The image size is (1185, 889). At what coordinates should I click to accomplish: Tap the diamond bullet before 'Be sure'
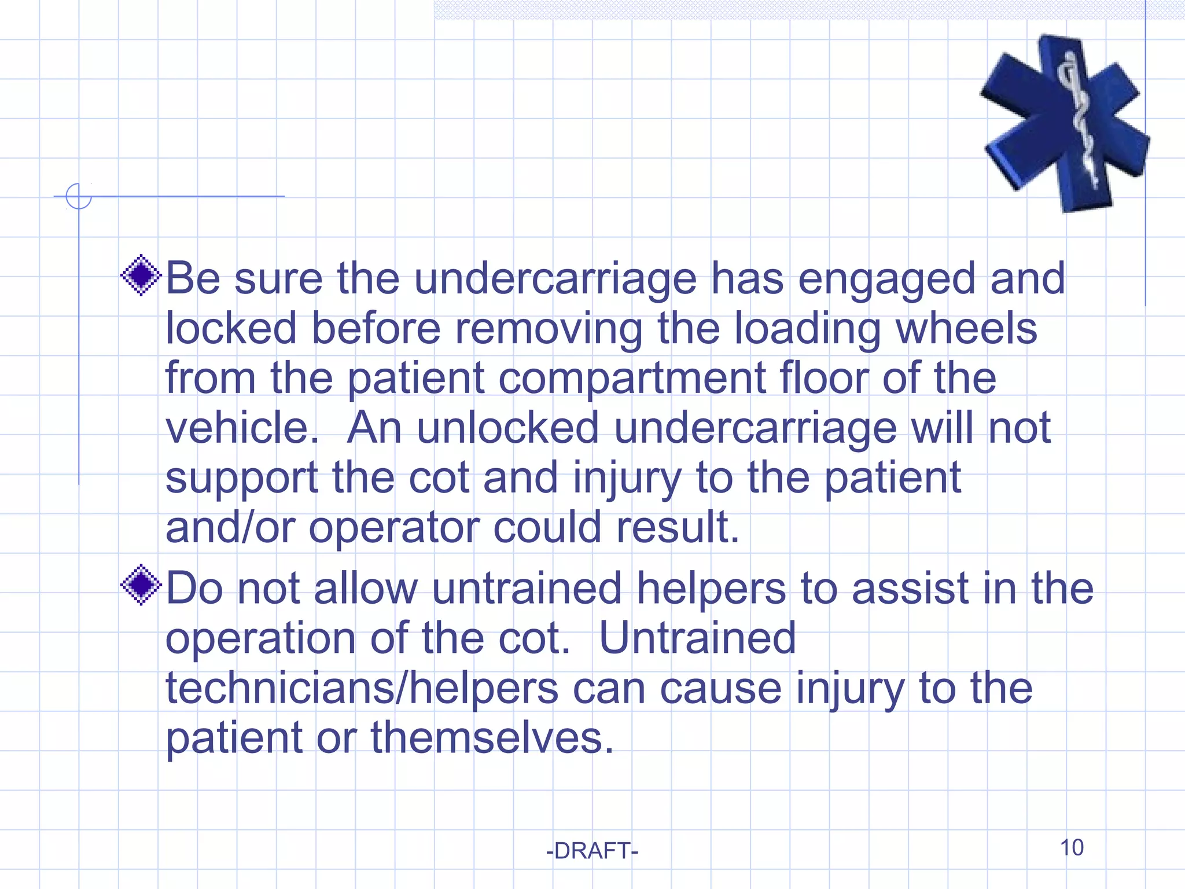[141, 275]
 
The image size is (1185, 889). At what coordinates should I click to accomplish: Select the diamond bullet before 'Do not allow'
[141, 585]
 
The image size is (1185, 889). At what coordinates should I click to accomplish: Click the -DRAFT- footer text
[592, 851]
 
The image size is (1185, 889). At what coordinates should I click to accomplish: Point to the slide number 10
[1071, 847]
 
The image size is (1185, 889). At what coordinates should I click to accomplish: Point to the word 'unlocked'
[507, 428]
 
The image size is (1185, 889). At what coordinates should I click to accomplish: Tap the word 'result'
[677, 528]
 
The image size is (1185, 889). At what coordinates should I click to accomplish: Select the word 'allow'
[366, 589]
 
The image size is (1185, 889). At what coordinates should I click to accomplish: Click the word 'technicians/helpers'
[362, 689]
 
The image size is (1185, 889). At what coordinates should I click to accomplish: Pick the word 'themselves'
[491, 738]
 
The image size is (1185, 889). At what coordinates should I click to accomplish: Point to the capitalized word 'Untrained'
[697, 638]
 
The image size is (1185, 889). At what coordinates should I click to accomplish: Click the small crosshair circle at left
[79, 196]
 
